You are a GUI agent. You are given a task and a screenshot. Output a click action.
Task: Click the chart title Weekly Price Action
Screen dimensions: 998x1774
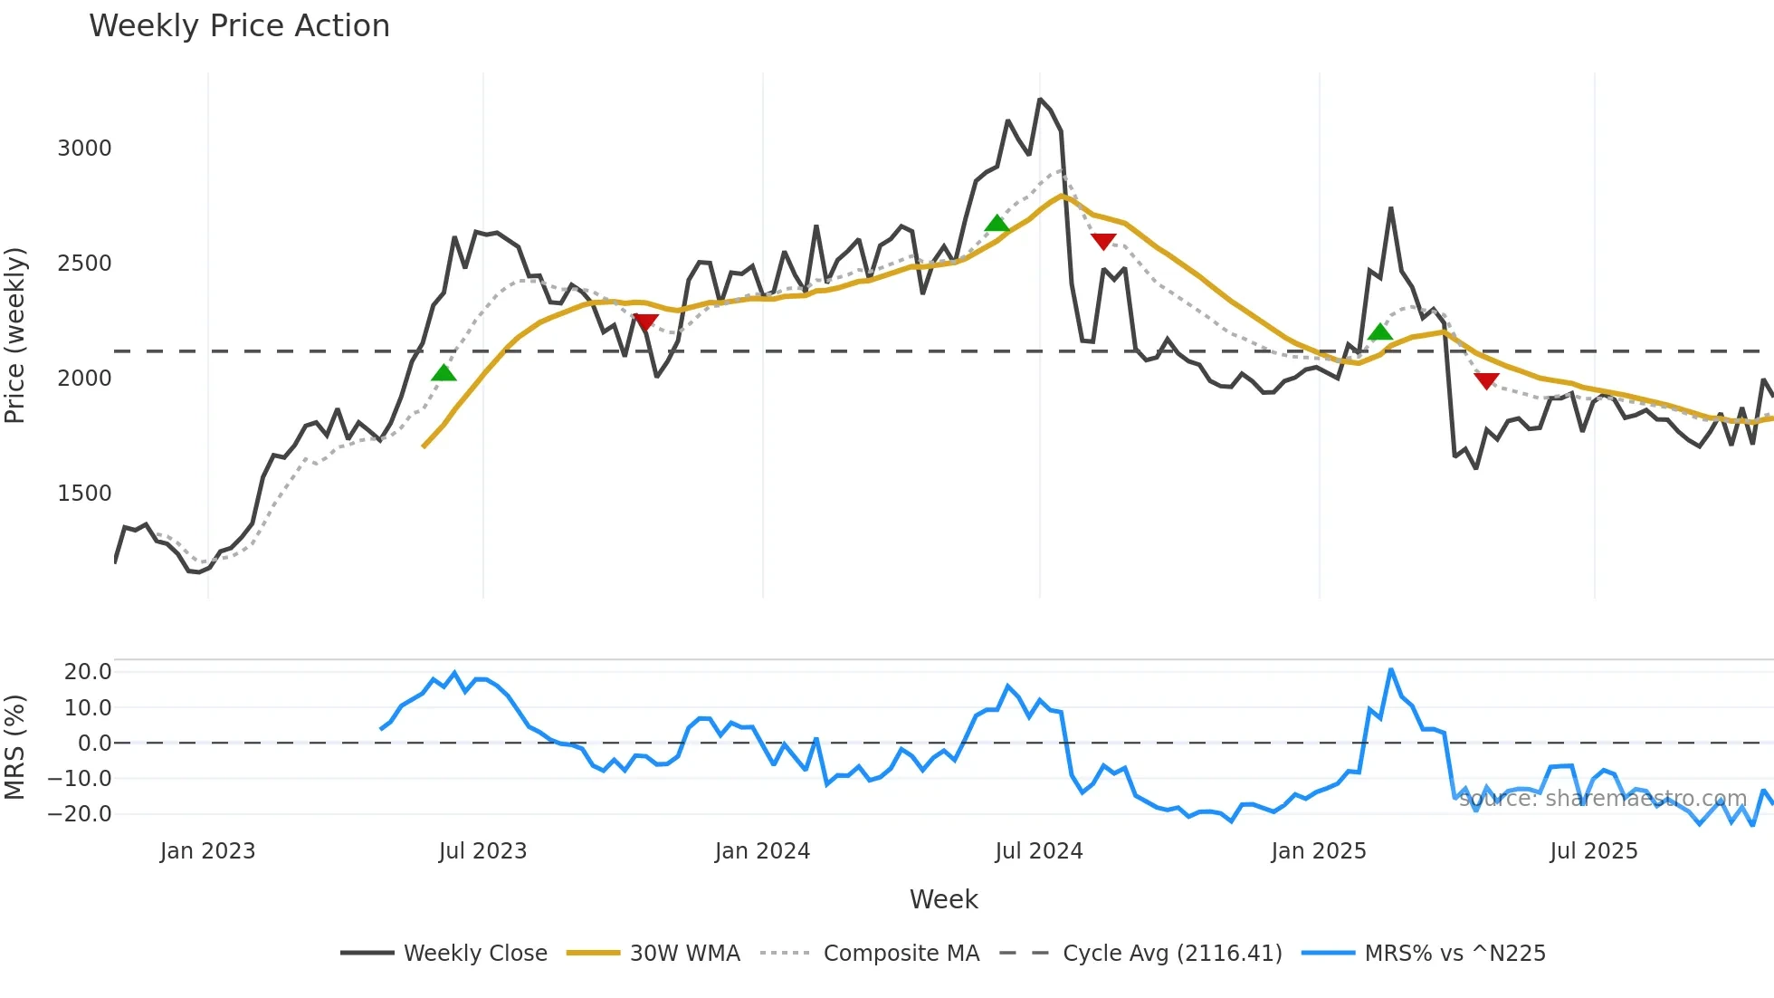(x=239, y=26)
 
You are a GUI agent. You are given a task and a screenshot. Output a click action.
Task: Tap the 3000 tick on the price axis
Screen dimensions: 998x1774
(x=84, y=149)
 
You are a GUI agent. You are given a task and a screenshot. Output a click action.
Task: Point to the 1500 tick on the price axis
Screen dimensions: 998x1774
(x=84, y=494)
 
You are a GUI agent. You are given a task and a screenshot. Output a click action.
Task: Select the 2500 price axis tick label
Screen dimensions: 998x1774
(x=84, y=264)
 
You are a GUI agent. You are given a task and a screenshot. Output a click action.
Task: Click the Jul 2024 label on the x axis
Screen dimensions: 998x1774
(x=1038, y=851)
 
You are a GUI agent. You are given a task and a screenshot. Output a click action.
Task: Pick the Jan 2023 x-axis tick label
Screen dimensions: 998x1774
(x=207, y=851)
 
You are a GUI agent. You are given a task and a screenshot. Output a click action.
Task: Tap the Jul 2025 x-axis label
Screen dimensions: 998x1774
(x=1593, y=851)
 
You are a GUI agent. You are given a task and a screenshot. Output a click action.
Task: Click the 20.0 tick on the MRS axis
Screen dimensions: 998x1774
(x=88, y=672)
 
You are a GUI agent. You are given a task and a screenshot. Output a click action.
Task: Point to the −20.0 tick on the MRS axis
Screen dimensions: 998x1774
(x=81, y=814)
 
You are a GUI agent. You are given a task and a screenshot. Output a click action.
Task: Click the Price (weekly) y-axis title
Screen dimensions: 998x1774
(x=15, y=335)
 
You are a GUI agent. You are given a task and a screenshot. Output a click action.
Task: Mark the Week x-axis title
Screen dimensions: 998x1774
(x=943, y=899)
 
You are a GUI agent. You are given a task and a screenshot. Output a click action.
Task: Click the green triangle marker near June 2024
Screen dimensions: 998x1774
(x=997, y=224)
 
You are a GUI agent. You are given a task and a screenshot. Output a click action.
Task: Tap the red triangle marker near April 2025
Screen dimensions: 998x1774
(x=1486, y=381)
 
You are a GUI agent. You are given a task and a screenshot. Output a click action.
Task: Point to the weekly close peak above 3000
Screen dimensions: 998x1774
(x=1040, y=100)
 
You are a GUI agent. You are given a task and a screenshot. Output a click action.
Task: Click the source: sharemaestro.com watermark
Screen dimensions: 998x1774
(x=1602, y=799)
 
